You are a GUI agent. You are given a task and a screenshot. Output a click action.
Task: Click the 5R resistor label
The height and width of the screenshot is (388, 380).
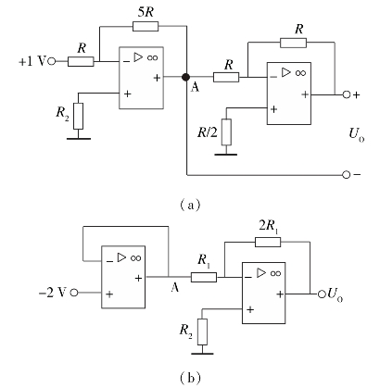(x=145, y=12)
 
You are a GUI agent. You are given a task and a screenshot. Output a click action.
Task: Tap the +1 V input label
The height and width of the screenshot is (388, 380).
(x=32, y=61)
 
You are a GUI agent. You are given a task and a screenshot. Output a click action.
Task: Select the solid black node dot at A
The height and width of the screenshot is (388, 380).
(x=185, y=77)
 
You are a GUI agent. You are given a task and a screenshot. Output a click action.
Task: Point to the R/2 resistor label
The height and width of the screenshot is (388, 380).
(x=208, y=132)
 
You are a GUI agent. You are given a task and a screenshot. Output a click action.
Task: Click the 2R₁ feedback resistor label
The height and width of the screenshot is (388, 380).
(x=268, y=227)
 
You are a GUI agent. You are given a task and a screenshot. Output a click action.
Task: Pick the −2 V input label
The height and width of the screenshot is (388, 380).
(x=53, y=292)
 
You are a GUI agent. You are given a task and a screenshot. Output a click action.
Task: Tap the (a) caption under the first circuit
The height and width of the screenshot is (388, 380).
(x=190, y=205)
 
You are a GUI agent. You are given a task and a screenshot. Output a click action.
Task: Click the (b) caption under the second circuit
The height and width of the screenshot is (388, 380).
(x=190, y=377)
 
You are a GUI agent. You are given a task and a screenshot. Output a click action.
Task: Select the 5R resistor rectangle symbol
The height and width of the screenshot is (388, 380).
(x=146, y=26)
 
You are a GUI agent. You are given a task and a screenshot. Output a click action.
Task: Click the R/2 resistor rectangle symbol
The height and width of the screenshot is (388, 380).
(x=226, y=131)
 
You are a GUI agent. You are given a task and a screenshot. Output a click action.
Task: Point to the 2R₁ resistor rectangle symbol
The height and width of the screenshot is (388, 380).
(x=268, y=242)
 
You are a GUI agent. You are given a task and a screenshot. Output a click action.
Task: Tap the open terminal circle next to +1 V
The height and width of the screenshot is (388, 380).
(x=52, y=61)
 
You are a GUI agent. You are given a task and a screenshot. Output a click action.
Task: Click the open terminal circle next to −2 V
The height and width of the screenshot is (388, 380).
(x=74, y=293)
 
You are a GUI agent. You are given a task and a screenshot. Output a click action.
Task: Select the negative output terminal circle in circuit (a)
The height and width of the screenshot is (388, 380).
(x=347, y=175)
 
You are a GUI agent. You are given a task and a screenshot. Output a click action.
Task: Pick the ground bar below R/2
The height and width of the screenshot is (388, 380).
(x=226, y=154)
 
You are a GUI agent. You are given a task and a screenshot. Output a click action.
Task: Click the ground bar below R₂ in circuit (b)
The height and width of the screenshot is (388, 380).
(x=202, y=354)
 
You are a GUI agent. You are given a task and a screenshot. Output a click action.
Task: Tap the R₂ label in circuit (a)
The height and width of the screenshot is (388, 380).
(x=62, y=113)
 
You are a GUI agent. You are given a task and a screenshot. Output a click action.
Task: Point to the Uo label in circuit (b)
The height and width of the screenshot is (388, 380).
(x=336, y=294)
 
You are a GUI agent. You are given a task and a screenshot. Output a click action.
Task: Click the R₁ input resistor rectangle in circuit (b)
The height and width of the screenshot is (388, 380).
(x=204, y=277)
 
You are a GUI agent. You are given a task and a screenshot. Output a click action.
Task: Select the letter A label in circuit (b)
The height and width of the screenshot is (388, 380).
(x=174, y=287)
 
